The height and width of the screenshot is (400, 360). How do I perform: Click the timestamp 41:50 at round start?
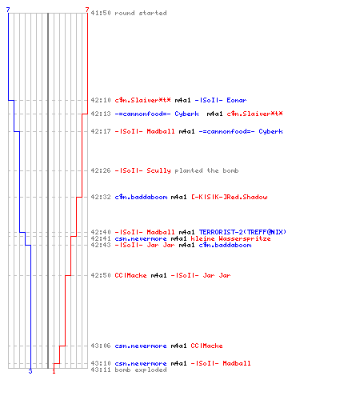pos(101,13)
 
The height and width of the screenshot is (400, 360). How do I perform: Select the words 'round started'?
pos(141,13)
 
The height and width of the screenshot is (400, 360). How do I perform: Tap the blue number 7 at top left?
pos(8,10)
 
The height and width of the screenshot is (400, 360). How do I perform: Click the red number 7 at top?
pos(87,10)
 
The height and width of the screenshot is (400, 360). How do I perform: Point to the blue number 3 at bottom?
pos(30,371)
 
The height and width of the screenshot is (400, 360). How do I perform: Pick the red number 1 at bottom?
pos(54,371)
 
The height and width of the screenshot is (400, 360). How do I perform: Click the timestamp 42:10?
pos(101,100)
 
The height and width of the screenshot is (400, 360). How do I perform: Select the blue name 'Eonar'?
pos(237,100)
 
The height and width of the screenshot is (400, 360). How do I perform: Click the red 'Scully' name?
pos(158,170)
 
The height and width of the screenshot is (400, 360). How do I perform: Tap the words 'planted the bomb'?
pos(206,170)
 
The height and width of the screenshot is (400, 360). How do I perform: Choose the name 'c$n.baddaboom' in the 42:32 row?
pos(141,197)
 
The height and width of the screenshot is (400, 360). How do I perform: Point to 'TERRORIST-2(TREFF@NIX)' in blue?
pos(242,232)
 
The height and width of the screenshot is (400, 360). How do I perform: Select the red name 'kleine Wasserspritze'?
pos(230,238)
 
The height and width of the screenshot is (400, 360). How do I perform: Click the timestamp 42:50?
pos(101,275)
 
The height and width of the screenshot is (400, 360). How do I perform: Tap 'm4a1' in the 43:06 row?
pos(178,346)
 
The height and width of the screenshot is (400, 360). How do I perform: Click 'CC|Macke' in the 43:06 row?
pos(206,346)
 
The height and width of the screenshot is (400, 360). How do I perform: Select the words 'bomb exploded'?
pos(141,370)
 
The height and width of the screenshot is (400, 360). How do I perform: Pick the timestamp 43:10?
pos(101,363)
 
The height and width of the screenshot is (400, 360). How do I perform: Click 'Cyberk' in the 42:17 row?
pos(270,131)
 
